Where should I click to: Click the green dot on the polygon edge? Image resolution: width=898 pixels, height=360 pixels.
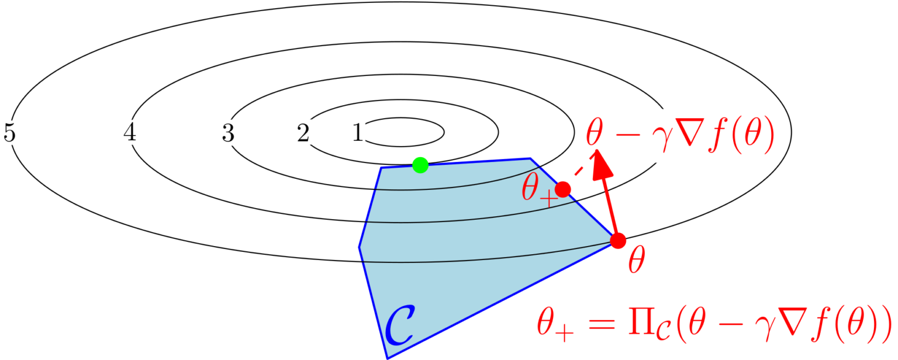[x=420, y=165]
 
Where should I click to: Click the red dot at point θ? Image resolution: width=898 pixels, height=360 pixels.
[x=618, y=241]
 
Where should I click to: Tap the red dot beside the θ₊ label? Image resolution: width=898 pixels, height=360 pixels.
[x=563, y=189]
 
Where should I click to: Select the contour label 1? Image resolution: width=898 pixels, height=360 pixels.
[x=358, y=132]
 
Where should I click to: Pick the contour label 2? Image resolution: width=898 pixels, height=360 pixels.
[x=303, y=133]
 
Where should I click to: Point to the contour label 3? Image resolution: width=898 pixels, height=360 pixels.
[x=228, y=133]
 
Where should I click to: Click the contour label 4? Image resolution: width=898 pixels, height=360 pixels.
[x=129, y=132]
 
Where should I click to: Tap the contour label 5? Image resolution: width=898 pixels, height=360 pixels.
[x=9, y=133]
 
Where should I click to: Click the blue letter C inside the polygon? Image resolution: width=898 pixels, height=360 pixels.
[x=399, y=325]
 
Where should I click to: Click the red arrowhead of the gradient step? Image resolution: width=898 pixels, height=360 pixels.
[x=602, y=164]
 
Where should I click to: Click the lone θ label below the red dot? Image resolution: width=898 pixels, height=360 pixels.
[x=637, y=260]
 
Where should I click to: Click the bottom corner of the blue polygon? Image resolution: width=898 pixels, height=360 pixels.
[x=387, y=358]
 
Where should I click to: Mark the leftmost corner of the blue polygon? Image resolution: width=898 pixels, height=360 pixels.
[x=359, y=247]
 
